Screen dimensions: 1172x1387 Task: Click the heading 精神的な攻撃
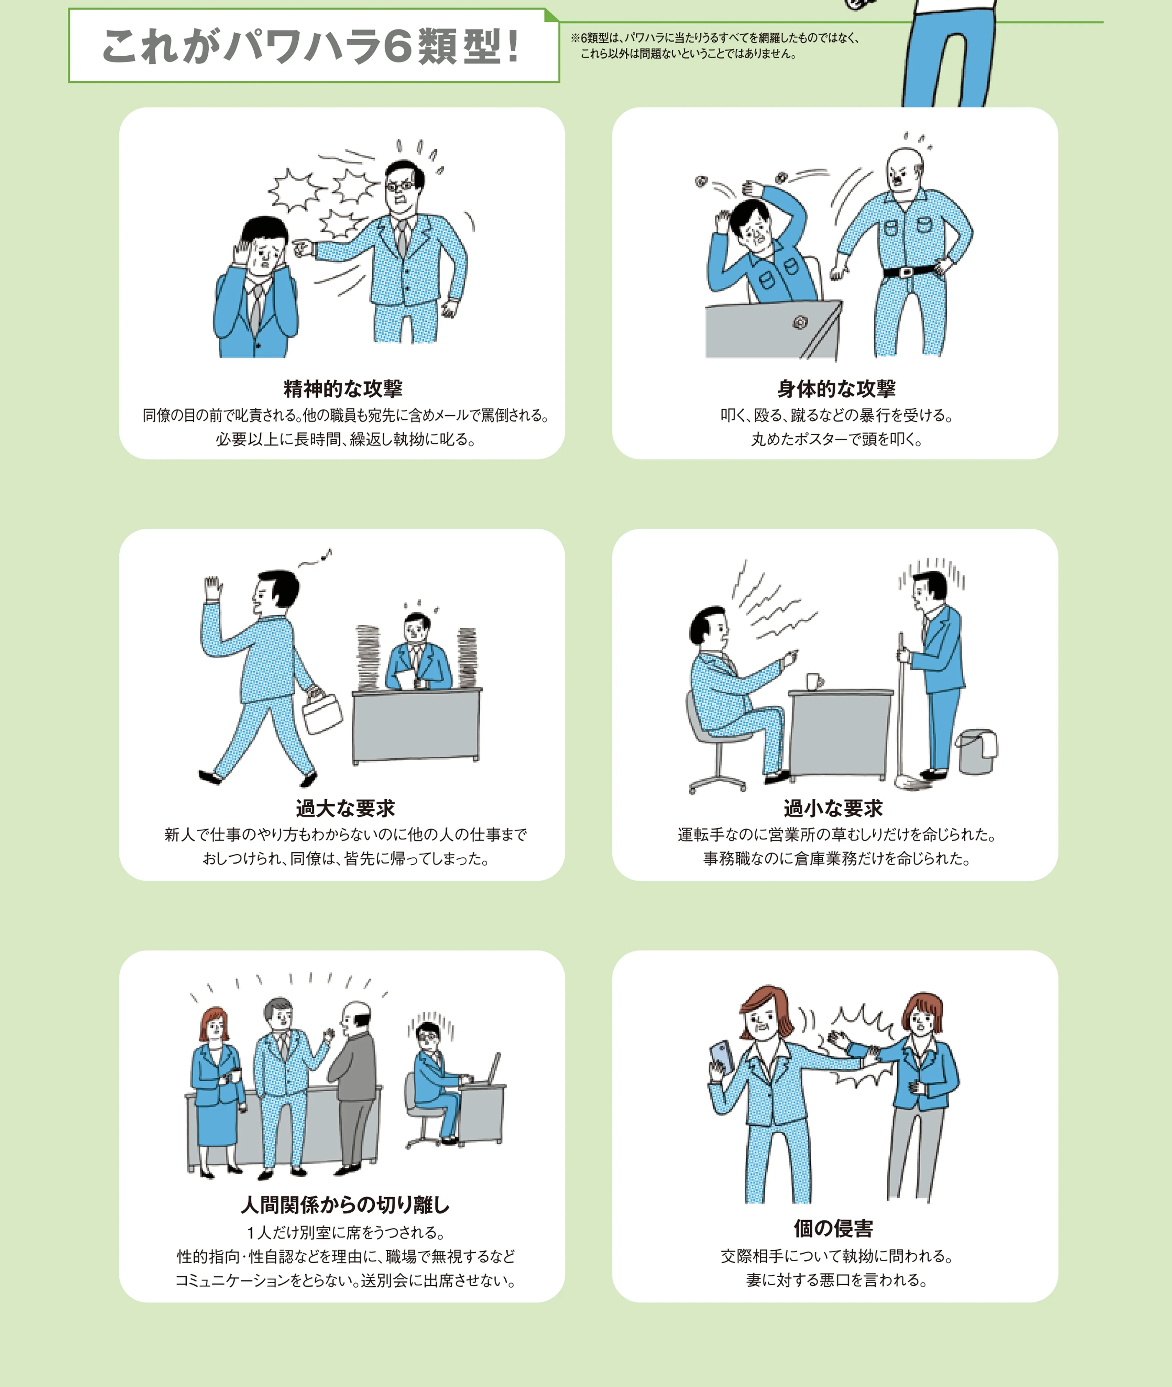coord(343,388)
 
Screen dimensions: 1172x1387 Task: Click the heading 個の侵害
coord(833,1228)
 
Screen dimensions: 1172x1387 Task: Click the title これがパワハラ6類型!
coord(310,46)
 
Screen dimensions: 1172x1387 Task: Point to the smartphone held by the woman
coord(722,1056)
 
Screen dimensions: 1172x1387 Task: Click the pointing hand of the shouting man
coord(302,249)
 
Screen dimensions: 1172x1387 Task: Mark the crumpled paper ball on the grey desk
coord(801,323)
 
